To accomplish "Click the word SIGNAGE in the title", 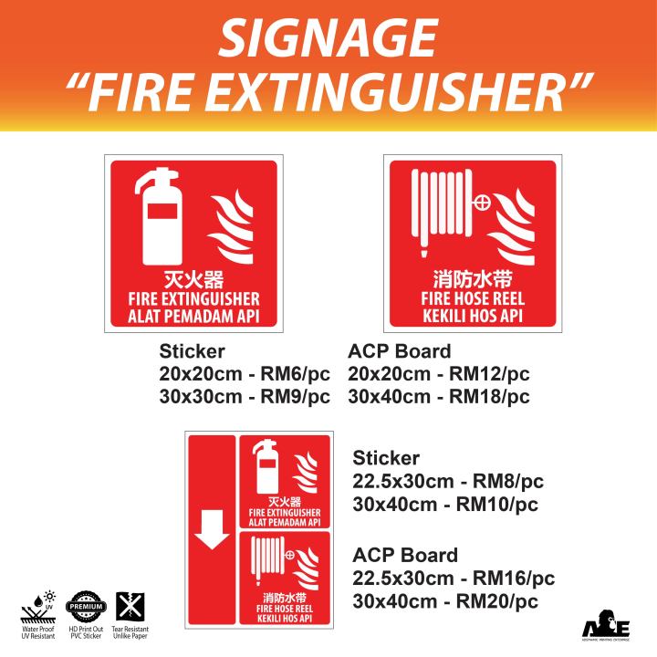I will (328, 38).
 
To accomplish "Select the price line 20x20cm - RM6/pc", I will (245, 375).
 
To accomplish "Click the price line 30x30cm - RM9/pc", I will (245, 398).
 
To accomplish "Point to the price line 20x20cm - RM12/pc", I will (439, 375).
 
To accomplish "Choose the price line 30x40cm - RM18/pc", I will (439, 398).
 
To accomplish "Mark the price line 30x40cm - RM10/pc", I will (445, 505).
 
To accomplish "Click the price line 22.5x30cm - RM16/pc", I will (454, 579).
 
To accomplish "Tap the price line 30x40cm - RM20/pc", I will (445, 601).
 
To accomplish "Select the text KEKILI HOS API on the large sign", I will (473, 314).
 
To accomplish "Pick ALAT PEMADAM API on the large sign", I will (195, 316).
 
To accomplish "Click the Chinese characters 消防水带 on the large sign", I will (472, 278).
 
